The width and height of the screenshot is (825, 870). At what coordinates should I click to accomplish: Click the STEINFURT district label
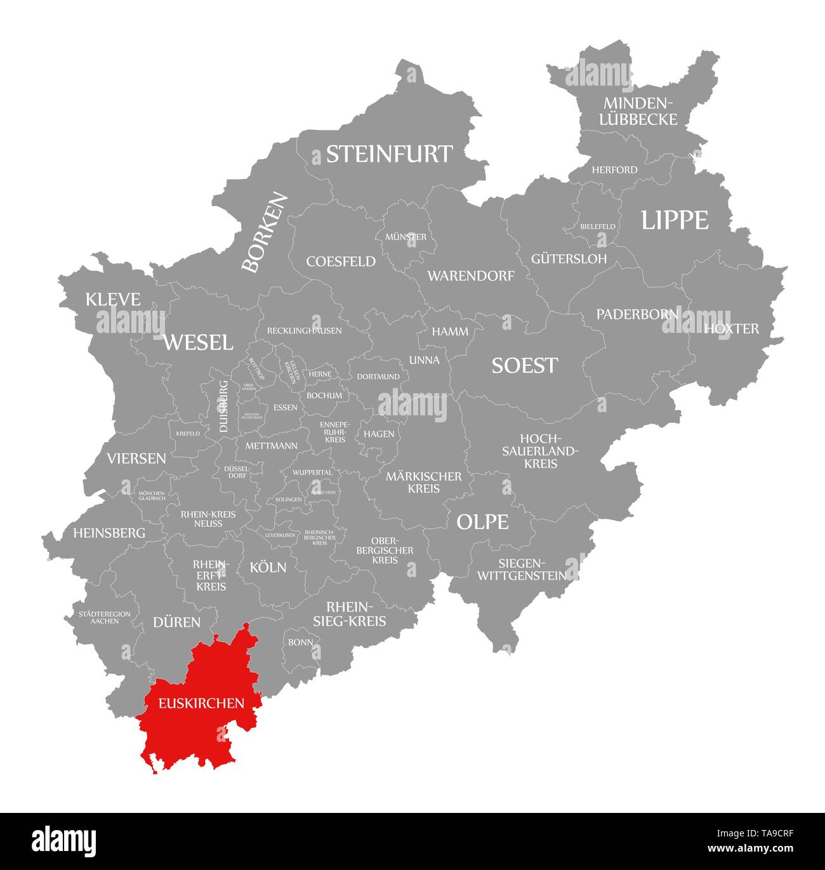tap(389, 154)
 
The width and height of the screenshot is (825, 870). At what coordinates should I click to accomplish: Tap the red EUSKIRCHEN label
tap(201, 703)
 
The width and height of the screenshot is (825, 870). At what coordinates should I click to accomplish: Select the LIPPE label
tap(674, 220)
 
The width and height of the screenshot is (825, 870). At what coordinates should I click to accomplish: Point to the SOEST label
tap(524, 365)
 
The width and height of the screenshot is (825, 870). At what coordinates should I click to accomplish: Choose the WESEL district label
tap(198, 342)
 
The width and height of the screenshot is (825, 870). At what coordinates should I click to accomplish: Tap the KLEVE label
tap(113, 299)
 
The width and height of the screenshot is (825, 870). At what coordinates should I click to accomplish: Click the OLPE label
tap(482, 522)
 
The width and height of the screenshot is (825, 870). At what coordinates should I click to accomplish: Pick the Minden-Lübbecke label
tap(640, 111)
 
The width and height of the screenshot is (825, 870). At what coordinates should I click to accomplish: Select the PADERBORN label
tap(637, 314)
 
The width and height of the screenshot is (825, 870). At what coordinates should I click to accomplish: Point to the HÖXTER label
tap(731, 328)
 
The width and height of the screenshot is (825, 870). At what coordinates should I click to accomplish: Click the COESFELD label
tap(341, 261)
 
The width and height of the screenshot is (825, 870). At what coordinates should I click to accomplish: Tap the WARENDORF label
tap(470, 276)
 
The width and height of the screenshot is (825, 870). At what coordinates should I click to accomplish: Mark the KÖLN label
tap(268, 567)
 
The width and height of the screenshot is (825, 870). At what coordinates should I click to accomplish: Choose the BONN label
tap(300, 642)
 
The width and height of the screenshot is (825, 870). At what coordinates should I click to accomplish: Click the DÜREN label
tap(176, 622)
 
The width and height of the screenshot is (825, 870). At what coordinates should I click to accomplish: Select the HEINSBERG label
tap(109, 533)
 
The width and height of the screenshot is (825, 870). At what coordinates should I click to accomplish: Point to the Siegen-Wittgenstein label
tap(522, 569)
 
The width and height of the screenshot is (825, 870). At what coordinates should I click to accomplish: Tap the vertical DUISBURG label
tap(223, 406)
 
